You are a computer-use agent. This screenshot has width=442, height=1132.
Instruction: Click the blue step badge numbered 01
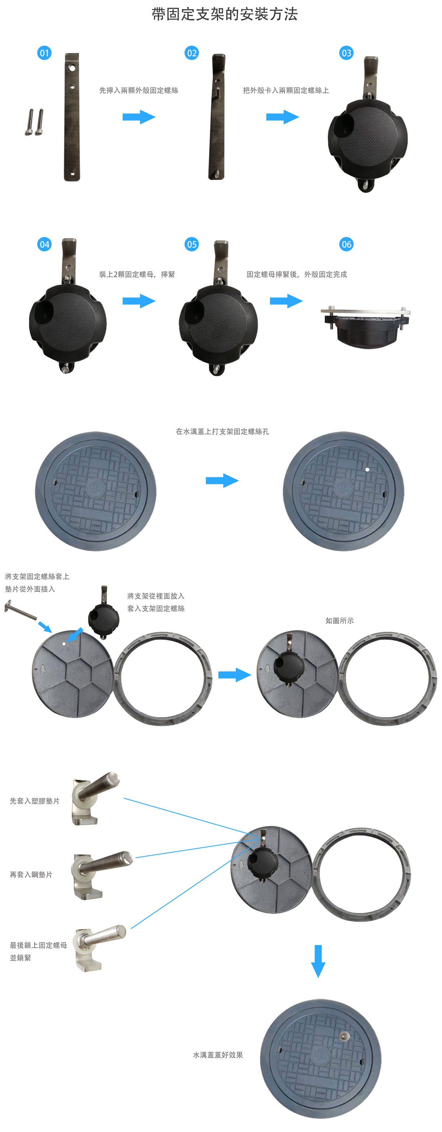coord(45,53)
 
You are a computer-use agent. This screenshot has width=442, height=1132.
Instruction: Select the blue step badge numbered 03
coord(346,53)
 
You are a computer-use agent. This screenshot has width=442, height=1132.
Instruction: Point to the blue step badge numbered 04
coord(45,244)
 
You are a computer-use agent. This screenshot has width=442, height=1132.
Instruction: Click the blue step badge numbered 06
coord(346,244)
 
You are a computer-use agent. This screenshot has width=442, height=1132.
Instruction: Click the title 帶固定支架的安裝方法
coord(225,14)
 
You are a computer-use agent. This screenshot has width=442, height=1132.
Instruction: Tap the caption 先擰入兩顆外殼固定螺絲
coord(138,91)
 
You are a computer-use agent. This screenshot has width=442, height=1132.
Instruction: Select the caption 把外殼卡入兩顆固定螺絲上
coord(286,91)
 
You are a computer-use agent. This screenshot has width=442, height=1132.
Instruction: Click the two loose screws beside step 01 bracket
coord(34,122)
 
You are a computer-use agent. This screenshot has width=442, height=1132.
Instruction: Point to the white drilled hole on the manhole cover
coord(367,469)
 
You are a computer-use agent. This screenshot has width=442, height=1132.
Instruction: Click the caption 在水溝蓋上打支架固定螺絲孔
coord(222,432)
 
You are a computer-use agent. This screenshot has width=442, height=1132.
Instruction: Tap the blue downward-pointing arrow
coord(318,961)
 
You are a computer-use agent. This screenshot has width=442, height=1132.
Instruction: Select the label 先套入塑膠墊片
coord(34,801)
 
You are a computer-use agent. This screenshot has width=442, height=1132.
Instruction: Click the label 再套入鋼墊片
coord(31,874)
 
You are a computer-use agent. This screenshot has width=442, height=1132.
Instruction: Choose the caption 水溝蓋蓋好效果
coord(218,1055)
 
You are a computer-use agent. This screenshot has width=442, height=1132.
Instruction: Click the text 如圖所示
coord(340,620)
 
